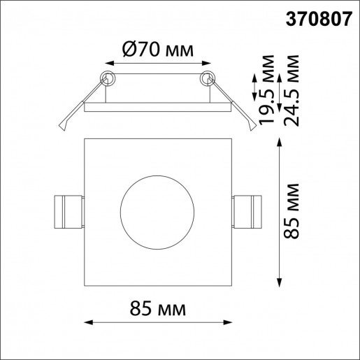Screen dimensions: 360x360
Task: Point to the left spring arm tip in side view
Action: coord(64,127)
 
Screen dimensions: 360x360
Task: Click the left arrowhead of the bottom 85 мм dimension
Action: coord(89,322)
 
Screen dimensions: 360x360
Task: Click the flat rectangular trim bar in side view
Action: coord(157,108)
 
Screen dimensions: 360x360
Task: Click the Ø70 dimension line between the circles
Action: coord(157,68)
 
